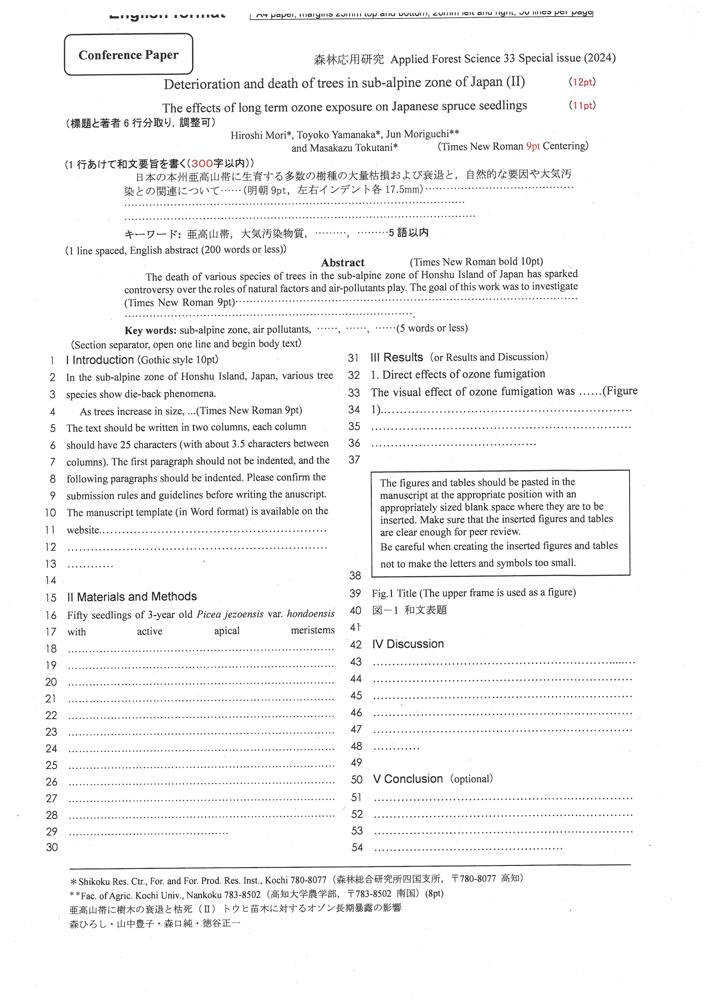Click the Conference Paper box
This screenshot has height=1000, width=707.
click(128, 54)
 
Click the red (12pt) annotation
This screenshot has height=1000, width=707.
click(582, 82)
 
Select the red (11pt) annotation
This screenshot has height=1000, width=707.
click(582, 106)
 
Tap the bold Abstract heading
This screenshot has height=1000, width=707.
click(343, 263)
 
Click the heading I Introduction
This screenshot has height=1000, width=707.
click(100, 360)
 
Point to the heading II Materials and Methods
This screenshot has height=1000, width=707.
click(132, 597)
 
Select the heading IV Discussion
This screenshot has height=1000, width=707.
click(408, 644)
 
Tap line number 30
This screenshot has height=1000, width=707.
click(52, 847)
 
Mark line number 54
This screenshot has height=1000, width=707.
click(357, 847)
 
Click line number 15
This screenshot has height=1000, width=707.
click(51, 598)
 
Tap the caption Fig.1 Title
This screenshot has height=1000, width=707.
click(394, 593)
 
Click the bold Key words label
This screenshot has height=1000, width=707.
click(150, 330)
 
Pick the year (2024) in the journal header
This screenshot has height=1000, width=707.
click(600, 58)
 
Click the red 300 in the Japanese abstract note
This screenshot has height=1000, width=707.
click(202, 164)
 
